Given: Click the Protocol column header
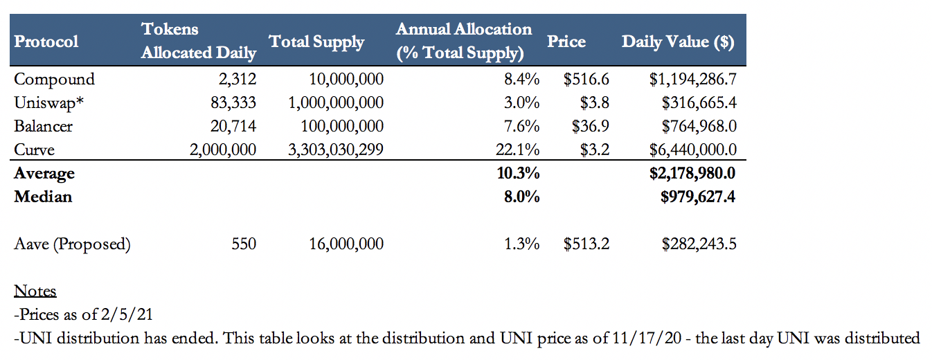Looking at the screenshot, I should click(x=46, y=42).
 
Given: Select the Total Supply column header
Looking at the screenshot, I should click(x=316, y=42).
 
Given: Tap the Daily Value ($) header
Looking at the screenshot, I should click(x=678, y=42).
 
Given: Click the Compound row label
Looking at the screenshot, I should click(x=54, y=79).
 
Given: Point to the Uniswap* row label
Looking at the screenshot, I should click(x=50, y=102).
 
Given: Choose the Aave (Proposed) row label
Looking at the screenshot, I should click(x=72, y=244).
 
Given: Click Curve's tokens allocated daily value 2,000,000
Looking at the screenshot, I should click(x=223, y=150).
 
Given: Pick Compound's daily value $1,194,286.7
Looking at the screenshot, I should click(x=692, y=79).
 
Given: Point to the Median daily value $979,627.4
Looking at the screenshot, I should click(x=698, y=197).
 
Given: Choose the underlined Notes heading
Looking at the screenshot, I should click(x=35, y=291).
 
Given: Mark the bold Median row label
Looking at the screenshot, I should click(x=43, y=197).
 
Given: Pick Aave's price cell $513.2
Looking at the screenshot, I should click(x=586, y=244).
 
